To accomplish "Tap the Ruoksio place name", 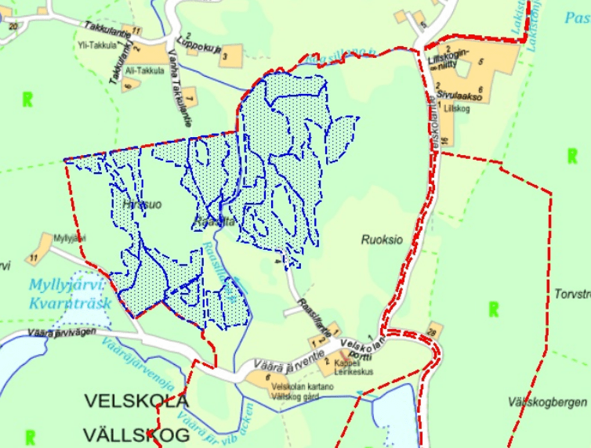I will (x=382, y=240).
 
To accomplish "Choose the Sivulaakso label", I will (x=459, y=92).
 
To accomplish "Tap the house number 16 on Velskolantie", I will (x=444, y=142).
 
